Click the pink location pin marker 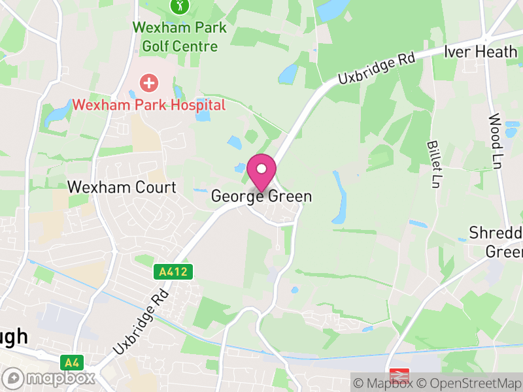[261, 171]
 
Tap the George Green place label [261, 196]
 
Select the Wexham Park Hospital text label [149, 105]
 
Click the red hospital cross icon [150, 82]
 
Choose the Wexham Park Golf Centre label [179, 37]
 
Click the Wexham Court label [122, 188]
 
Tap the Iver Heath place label [481, 52]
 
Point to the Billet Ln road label [433, 164]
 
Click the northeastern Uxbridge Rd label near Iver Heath [377, 69]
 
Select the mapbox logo [50, 378]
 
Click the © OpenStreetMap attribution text [469, 384]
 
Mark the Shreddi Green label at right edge [497, 242]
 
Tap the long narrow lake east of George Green [339, 196]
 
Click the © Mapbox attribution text [384, 384]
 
